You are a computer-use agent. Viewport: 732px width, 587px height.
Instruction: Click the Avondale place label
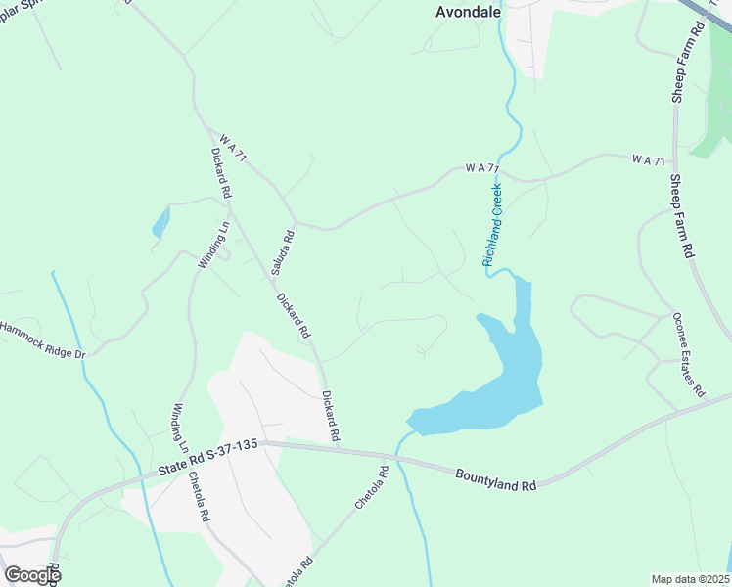[x=468, y=13]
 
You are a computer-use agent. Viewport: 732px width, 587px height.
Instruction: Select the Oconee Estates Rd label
[x=688, y=353]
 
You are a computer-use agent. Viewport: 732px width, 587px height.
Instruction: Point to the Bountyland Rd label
[x=496, y=477]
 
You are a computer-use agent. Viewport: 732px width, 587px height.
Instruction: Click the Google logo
[x=32, y=575]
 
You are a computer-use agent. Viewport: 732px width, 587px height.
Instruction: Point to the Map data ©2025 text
[x=691, y=579]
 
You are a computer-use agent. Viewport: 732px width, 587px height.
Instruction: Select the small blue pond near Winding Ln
[x=160, y=223]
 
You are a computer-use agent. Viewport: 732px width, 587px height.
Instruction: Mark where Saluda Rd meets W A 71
[x=296, y=222]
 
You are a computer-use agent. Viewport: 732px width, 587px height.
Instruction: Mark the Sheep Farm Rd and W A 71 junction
[x=674, y=159]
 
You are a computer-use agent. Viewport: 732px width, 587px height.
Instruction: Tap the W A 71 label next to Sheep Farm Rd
[x=648, y=159]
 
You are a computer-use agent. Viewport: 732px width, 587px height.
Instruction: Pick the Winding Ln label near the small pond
[x=212, y=245]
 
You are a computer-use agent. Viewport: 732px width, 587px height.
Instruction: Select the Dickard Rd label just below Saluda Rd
[x=293, y=315]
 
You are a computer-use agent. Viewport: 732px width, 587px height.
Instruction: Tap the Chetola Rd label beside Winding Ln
[x=199, y=496]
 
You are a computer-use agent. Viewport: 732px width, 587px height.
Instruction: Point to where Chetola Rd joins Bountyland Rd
[x=395, y=456]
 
